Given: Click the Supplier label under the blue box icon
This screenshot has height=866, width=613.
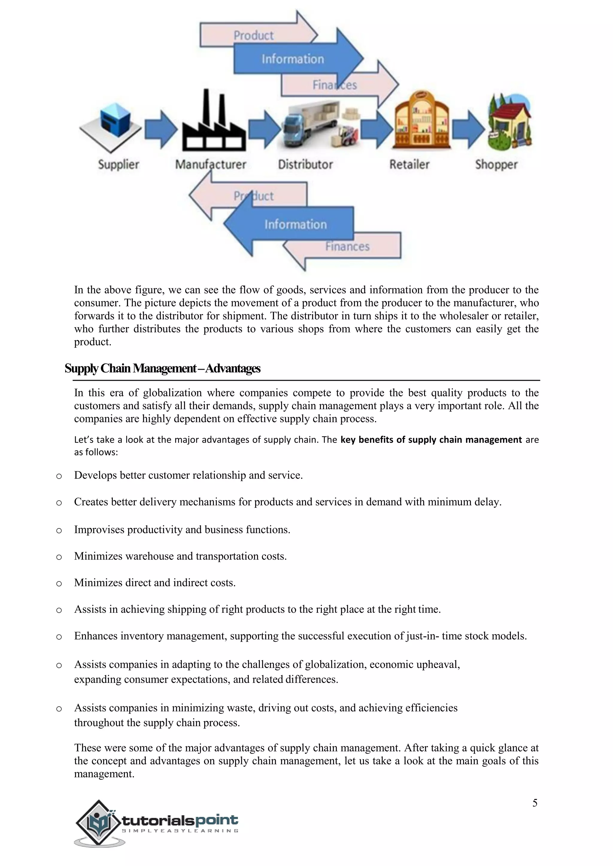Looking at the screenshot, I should coord(119,164).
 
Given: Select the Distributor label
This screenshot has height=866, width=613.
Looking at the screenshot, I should coord(305,164).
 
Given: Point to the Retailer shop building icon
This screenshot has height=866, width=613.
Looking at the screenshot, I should coord(422,120).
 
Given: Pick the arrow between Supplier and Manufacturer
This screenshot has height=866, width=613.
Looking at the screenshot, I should coord(161,129).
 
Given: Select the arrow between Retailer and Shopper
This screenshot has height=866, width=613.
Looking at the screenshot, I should coord(468,129).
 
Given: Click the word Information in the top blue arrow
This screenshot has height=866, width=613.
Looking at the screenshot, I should coord(292,59).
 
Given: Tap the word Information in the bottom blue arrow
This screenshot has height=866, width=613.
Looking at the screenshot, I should coord(295,224).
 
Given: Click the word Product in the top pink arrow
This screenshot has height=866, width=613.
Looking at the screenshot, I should coord(253,36).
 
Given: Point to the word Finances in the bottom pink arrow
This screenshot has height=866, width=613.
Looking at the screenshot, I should coord(347,247).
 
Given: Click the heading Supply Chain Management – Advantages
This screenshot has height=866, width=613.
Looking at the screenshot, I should coord(162,368).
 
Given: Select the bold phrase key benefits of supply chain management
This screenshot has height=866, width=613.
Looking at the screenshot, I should coord(431,440).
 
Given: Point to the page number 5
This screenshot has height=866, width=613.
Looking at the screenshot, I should coord(535,803).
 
